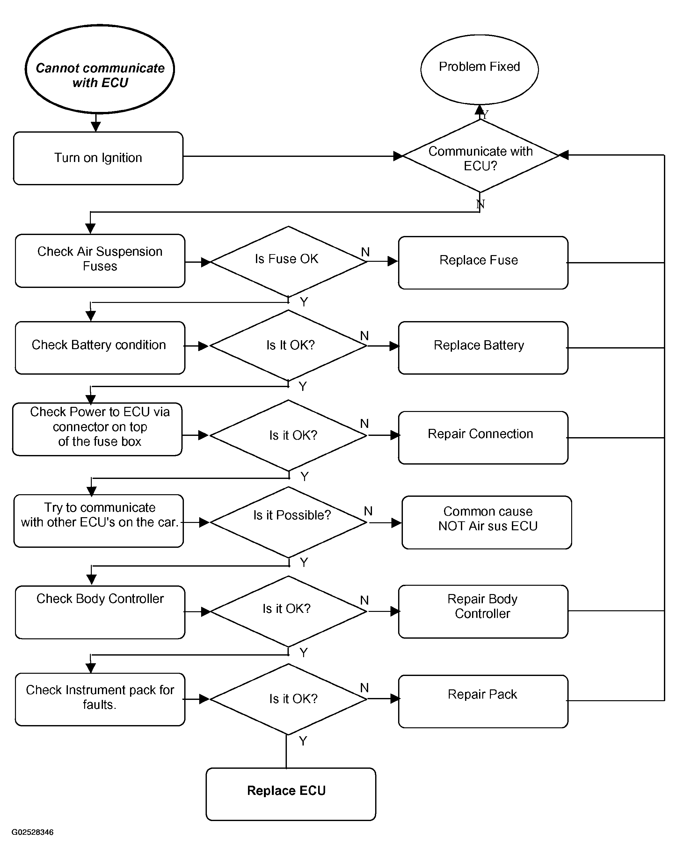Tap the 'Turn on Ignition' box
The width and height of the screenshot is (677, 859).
[98, 158]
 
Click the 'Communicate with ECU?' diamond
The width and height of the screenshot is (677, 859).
[480, 156]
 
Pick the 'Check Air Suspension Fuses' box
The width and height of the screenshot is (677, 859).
[100, 261]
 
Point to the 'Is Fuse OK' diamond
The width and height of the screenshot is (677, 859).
[288, 262]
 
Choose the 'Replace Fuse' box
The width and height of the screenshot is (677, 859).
[483, 262]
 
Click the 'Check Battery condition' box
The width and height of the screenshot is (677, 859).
[100, 348]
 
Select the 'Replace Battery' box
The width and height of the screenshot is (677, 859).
[483, 348]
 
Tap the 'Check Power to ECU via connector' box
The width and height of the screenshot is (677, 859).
[97, 429]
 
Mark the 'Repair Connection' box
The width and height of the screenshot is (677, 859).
[483, 437]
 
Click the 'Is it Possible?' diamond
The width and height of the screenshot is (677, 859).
[288, 522]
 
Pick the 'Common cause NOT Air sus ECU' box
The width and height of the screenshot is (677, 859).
[487, 522]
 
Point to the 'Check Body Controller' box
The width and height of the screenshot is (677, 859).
[100, 612]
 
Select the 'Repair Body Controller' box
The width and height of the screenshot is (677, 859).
[483, 611]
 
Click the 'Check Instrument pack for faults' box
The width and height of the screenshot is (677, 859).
[100, 699]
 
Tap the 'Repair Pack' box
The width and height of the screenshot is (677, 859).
[483, 701]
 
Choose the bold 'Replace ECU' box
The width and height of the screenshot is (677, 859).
[291, 794]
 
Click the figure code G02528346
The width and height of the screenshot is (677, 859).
[33, 832]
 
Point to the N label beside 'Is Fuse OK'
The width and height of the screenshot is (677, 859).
[365, 252]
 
